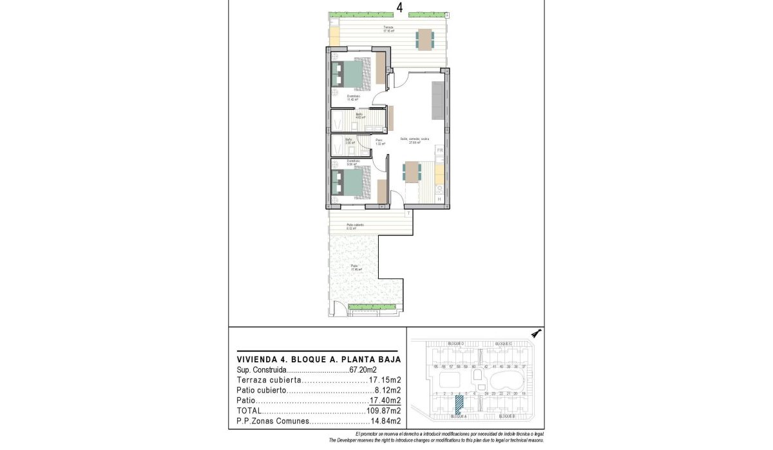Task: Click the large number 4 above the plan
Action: pyautogui.click(x=400, y=8)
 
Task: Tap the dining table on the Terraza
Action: pyautogui.click(x=425, y=39)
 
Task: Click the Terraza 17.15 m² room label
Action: pyautogui.click(x=388, y=29)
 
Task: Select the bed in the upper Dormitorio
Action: pyautogui.click(x=352, y=73)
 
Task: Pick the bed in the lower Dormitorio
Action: pyautogui.click(x=352, y=182)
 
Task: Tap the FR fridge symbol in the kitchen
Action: pyautogui.click(x=440, y=150)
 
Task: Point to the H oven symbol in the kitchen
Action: pyautogui.click(x=440, y=199)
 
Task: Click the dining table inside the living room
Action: pyautogui.click(x=412, y=172)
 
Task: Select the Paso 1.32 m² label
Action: pyautogui.click(x=380, y=142)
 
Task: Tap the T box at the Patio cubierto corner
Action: pyautogui.click(x=408, y=213)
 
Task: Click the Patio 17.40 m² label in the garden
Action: pyautogui.click(x=354, y=268)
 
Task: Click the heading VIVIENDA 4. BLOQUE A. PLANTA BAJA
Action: pyautogui.click(x=319, y=359)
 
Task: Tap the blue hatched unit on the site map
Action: pyautogui.click(x=459, y=404)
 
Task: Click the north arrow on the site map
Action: pyautogui.click(x=536, y=333)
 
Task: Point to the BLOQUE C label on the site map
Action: pyautogui.click(x=504, y=344)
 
